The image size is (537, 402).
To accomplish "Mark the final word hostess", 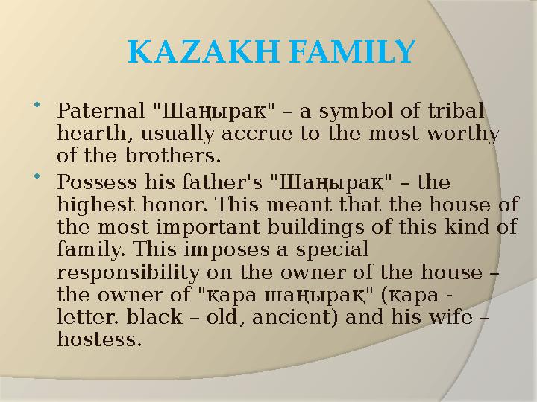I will [99, 341].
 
